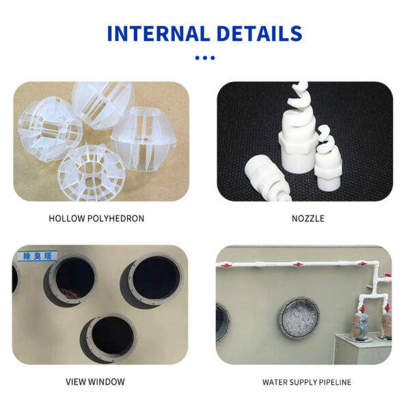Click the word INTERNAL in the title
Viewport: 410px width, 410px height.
(x=159, y=33)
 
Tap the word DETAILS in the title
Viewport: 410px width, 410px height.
(x=260, y=33)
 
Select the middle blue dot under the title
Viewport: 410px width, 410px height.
(x=205, y=58)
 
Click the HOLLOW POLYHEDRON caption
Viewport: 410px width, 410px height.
(x=96, y=219)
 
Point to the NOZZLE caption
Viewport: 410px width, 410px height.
(x=308, y=219)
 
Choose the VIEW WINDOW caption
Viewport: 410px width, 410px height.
(x=95, y=382)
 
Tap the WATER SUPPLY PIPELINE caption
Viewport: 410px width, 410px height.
(x=307, y=382)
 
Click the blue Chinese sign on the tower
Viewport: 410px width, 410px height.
(x=37, y=256)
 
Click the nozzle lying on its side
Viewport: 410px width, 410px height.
(x=266, y=178)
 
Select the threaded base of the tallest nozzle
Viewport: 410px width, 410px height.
(x=297, y=160)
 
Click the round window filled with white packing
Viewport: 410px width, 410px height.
(x=300, y=318)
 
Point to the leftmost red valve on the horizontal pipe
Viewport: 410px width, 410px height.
(x=226, y=265)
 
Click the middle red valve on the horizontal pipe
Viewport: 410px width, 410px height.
(x=298, y=264)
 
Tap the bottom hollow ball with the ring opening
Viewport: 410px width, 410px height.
(x=92, y=173)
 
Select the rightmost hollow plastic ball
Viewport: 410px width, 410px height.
(x=143, y=139)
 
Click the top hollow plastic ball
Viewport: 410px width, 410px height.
(x=103, y=104)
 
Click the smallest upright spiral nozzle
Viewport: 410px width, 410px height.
(x=328, y=157)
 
